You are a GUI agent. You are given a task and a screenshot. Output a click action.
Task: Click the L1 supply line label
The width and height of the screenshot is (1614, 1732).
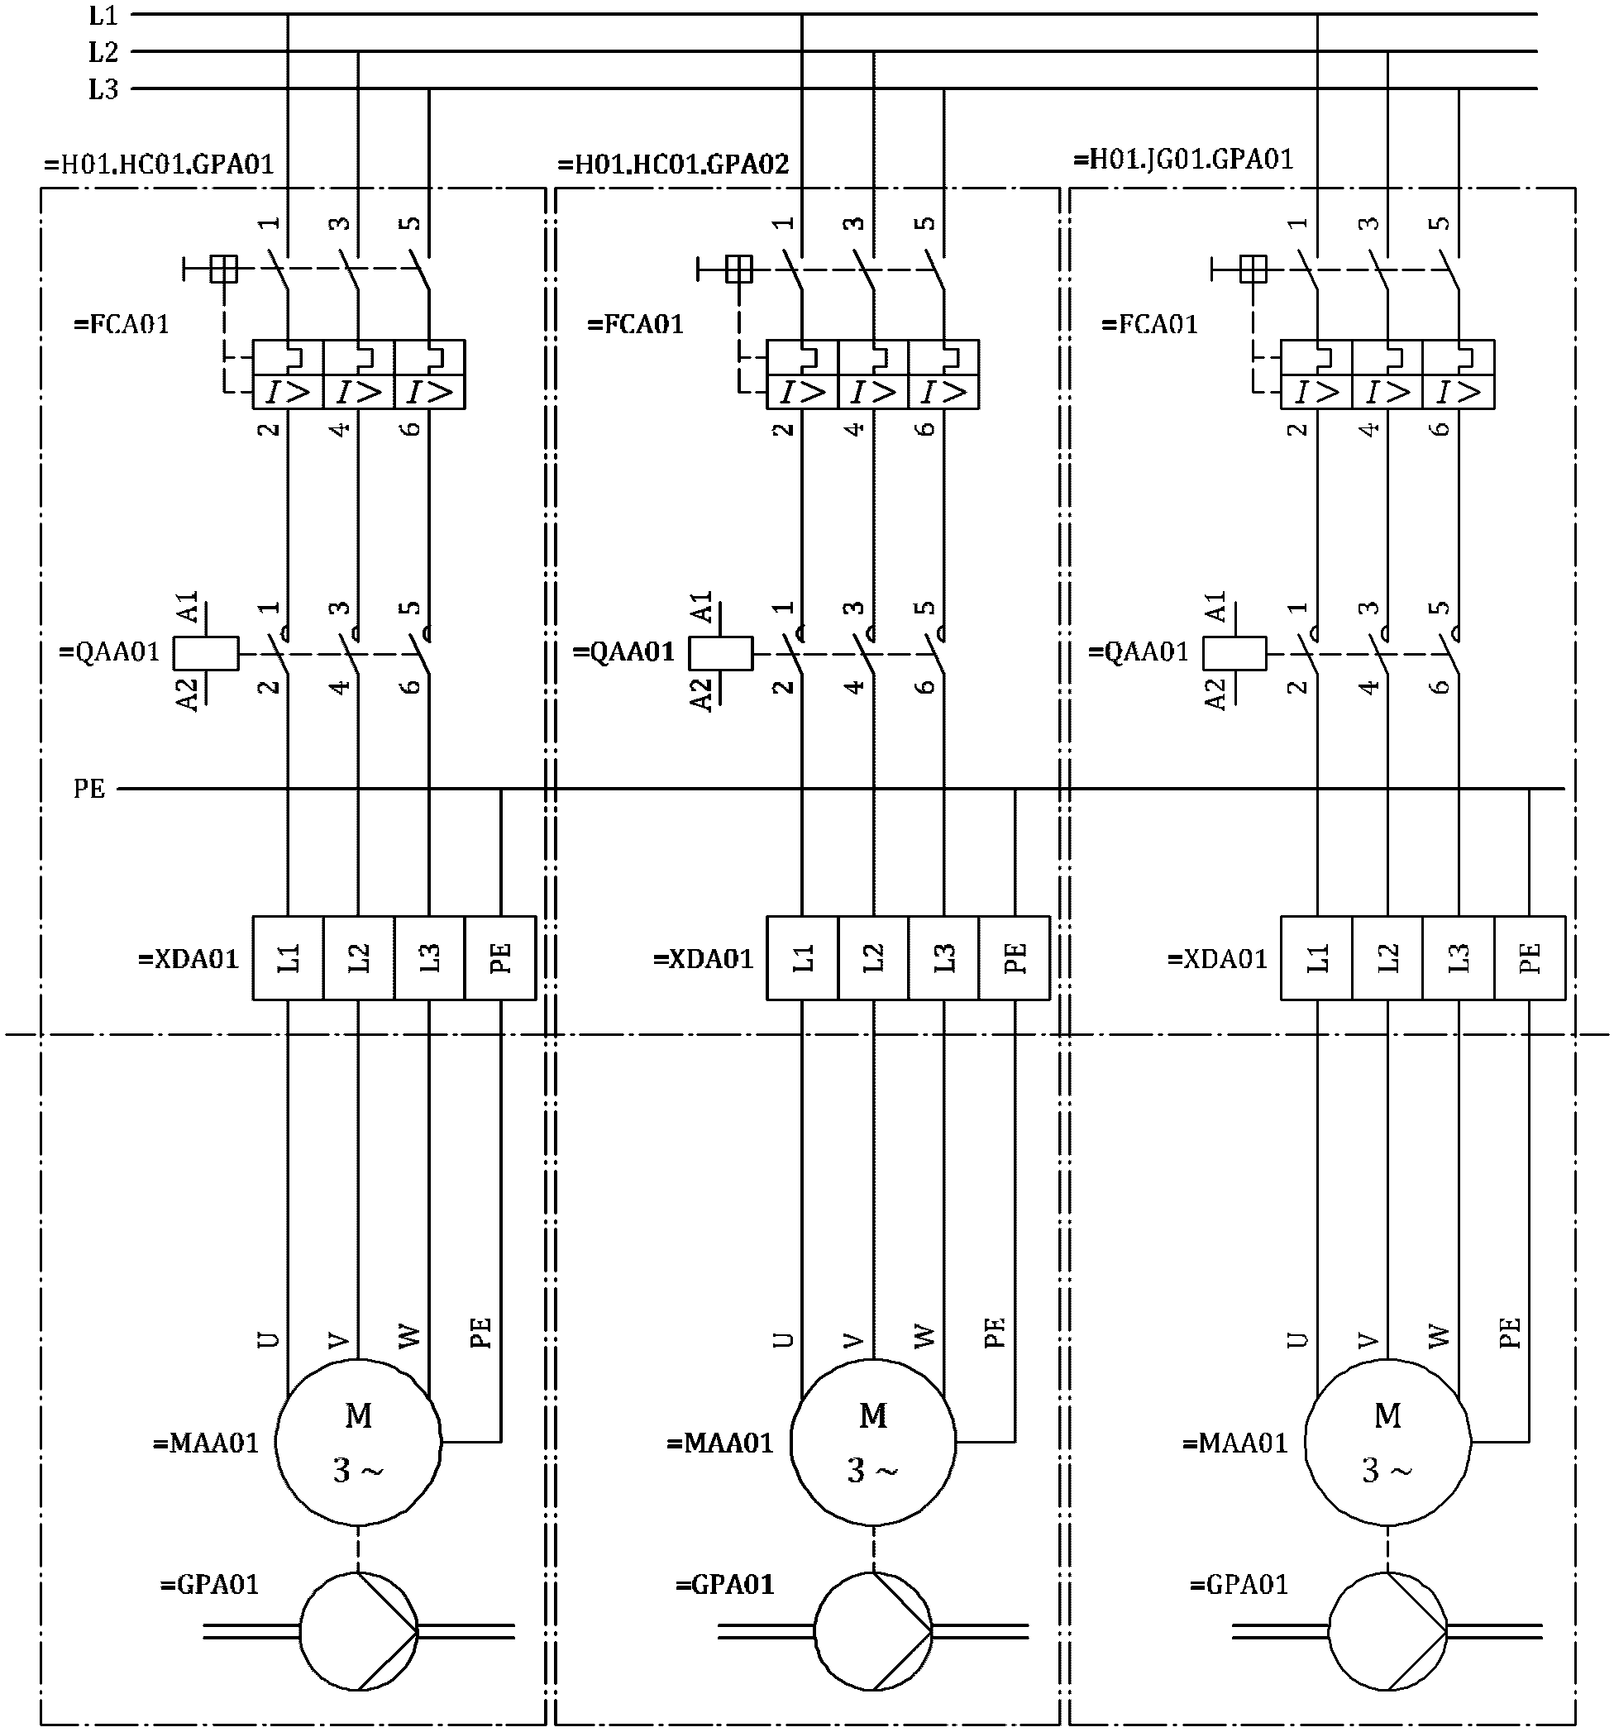pos(103,15)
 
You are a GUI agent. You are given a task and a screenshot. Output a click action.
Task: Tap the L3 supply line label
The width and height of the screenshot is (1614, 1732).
pos(103,88)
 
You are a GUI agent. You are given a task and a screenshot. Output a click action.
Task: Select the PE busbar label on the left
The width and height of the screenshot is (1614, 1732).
pos(90,789)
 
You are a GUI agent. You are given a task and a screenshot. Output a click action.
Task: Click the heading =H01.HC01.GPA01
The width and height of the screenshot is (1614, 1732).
pos(160,164)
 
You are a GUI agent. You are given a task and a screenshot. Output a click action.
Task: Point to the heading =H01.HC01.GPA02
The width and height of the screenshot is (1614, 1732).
pos(674,164)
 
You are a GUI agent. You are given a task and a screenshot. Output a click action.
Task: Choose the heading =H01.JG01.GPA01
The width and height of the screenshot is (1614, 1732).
pos(1183,160)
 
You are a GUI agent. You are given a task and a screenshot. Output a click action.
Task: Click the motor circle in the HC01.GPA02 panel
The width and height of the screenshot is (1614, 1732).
pos(873,1442)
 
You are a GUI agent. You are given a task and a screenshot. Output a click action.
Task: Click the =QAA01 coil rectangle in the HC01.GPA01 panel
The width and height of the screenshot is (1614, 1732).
pos(207,653)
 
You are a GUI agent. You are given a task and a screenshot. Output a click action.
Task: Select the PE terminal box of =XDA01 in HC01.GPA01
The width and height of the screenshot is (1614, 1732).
pos(500,957)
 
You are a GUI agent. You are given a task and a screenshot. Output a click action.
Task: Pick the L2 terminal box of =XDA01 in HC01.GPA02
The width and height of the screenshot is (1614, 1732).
pos(873,957)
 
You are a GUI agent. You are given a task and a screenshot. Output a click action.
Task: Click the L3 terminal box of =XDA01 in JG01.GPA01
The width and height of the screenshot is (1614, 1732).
pos(1459,957)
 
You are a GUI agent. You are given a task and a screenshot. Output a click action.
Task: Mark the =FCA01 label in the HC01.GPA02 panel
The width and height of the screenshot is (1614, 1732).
pos(635,324)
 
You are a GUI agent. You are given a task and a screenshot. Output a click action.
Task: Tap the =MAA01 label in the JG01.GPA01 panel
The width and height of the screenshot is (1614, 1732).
pos(1235,1443)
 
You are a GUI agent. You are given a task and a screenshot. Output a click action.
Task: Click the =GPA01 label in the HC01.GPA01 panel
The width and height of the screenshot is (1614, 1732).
pos(210,1583)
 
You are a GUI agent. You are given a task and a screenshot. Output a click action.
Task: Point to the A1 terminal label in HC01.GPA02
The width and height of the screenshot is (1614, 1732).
pos(703,608)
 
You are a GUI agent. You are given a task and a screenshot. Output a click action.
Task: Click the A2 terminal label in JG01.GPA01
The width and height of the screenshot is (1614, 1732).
pos(1215,694)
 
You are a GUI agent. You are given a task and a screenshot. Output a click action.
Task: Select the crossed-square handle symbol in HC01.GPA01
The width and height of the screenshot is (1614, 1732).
pos(224,270)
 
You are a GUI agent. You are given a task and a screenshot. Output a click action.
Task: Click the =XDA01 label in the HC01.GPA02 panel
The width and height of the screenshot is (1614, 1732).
pos(704,958)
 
